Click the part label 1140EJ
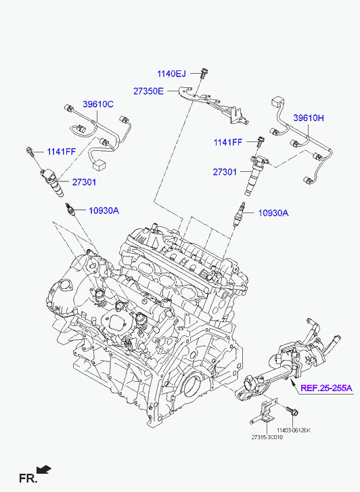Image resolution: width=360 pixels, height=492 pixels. pyautogui.click(x=171, y=74)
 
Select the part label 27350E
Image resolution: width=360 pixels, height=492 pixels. pyautogui.click(x=148, y=91)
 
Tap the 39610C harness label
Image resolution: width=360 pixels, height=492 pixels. pyautogui.click(x=98, y=104)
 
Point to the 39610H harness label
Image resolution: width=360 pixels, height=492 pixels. pyautogui.click(x=309, y=118)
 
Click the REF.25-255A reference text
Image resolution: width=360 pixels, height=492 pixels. pyautogui.click(x=326, y=388)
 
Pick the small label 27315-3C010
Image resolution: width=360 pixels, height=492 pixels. pyautogui.click(x=267, y=437)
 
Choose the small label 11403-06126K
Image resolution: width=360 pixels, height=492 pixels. pyautogui.click(x=294, y=430)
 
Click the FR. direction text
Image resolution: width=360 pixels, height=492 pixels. pyautogui.click(x=28, y=478)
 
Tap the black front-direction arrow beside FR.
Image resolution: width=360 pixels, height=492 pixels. pyautogui.click(x=43, y=470)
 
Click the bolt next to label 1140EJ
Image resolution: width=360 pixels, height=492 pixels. pyautogui.click(x=204, y=73)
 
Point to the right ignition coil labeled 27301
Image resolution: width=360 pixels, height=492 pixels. pyautogui.click(x=254, y=175)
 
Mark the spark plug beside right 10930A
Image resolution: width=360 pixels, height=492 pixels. pyautogui.click(x=239, y=213)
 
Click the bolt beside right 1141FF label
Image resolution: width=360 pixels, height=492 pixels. pyautogui.click(x=260, y=142)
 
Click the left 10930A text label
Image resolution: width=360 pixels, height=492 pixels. pyautogui.click(x=104, y=210)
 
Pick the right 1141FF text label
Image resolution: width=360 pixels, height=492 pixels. pyautogui.click(x=228, y=142)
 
